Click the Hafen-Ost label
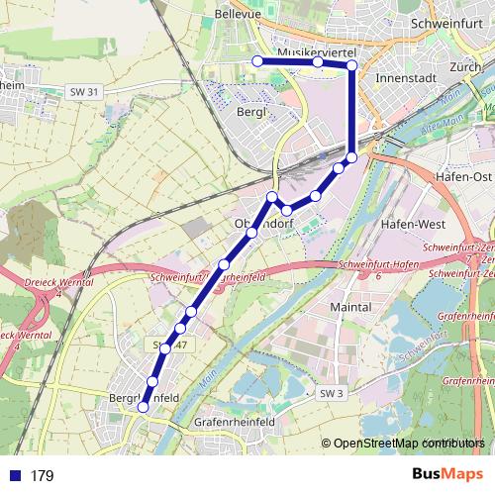click(x=461, y=175)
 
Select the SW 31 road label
click(x=85, y=92)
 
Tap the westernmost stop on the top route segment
click(x=257, y=61)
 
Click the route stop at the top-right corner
click(x=351, y=65)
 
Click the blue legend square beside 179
click(x=13, y=476)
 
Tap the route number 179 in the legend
click(x=42, y=476)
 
